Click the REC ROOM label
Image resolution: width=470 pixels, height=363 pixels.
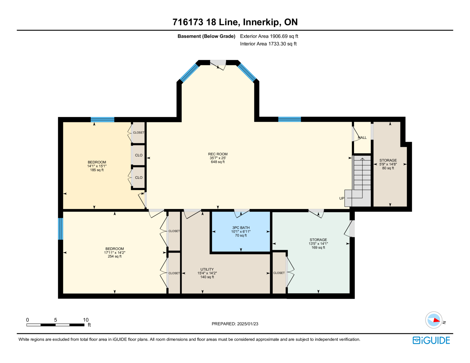click(x=218, y=154)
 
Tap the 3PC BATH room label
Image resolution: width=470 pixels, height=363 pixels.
click(x=241, y=228)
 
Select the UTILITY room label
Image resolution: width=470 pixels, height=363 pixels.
click(x=207, y=269)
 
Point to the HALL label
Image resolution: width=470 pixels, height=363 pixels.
click(x=362, y=137)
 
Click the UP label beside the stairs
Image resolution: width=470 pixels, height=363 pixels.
click(x=342, y=198)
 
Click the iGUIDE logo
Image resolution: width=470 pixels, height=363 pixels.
click(x=431, y=340)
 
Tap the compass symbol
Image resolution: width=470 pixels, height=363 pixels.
click(x=434, y=320)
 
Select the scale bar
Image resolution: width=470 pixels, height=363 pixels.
click(x=55, y=325)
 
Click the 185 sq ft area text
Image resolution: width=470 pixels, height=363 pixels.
click(x=97, y=170)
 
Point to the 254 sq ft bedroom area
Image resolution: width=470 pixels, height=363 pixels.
click(x=115, y=256)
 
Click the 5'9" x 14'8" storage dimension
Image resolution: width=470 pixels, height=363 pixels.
click(x=388, y=164)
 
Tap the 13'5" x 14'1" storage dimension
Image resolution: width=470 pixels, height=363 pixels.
click(x=318, y=243)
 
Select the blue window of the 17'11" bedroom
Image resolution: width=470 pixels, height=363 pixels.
click(x=61, y=229)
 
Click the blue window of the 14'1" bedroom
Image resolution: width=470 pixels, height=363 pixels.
click(x=102, y=120)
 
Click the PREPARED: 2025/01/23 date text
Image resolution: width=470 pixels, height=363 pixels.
click(x=235, y=324)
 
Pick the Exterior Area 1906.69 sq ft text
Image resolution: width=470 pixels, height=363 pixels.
click(x=269, y=36)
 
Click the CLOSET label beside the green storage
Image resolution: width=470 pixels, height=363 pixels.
click(x=279, y=273)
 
